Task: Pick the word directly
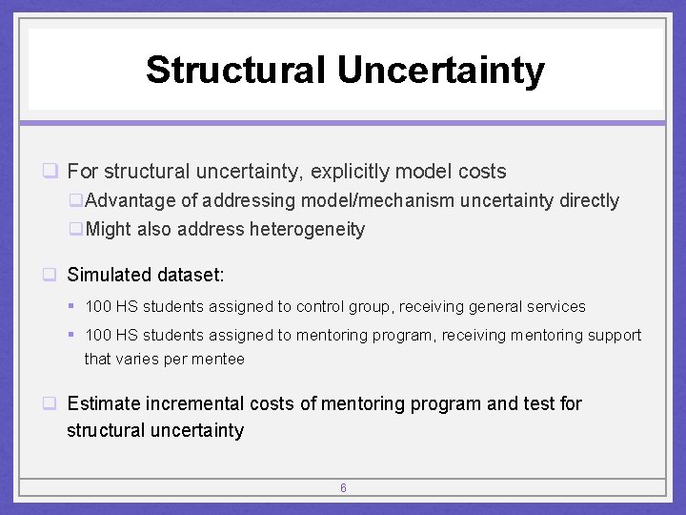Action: click(589, 201)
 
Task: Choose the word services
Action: click(555, 307)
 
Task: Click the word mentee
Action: click(220, 360)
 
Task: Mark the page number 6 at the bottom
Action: click(343, 488)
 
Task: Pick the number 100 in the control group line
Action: click(98, 307)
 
